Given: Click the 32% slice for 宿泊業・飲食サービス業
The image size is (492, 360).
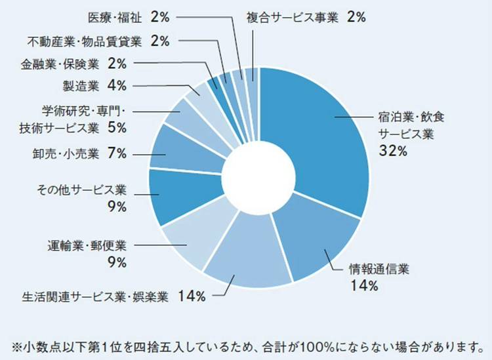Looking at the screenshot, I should pos(315,131).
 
